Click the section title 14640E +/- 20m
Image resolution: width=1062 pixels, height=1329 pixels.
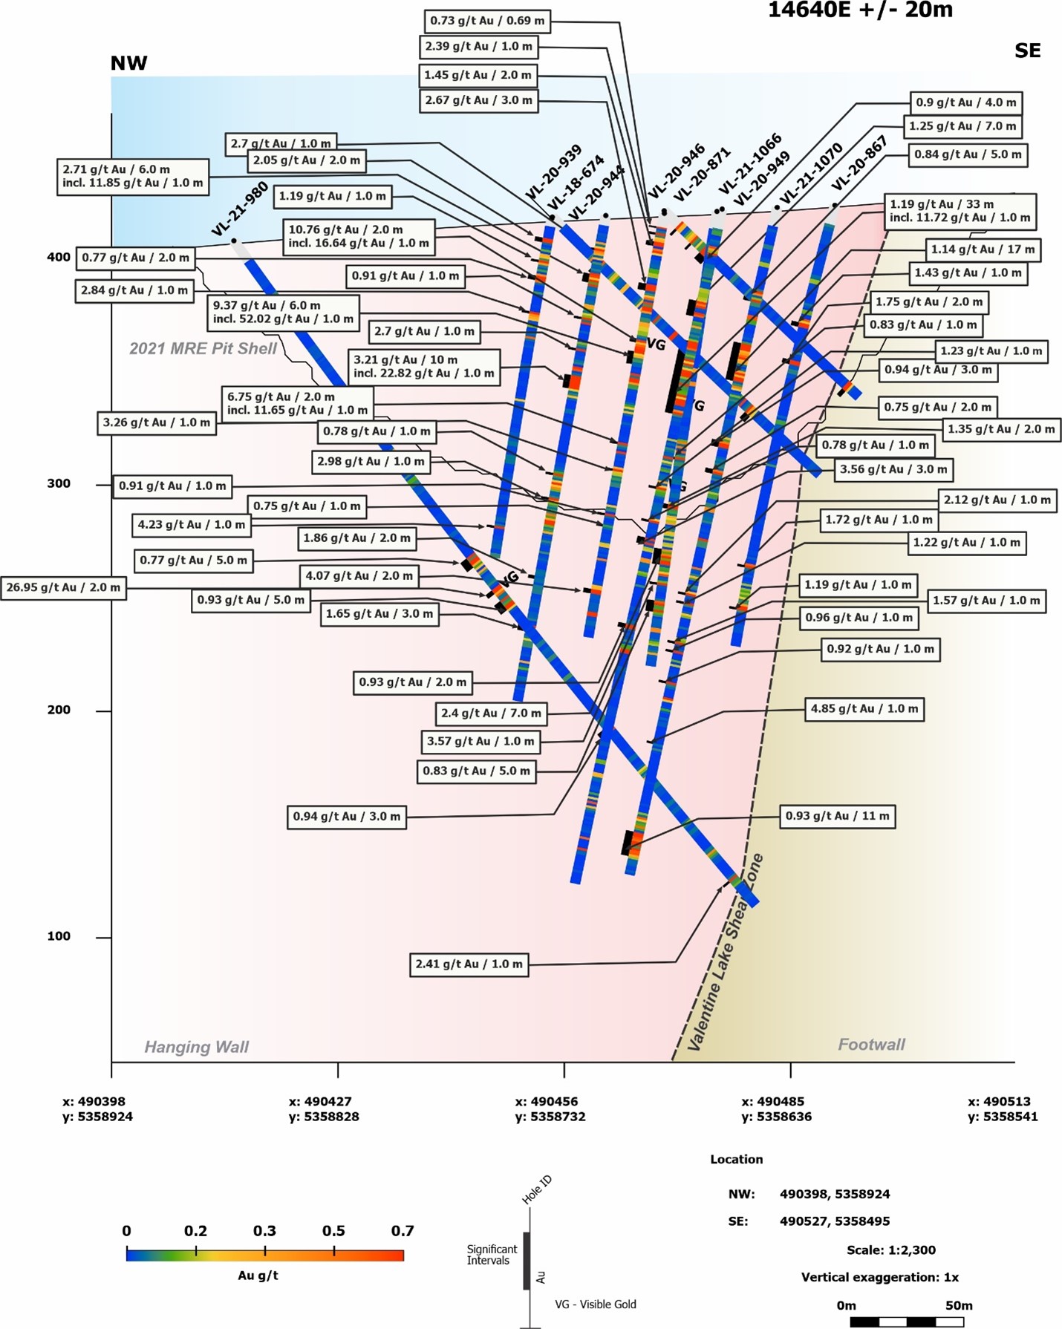click(x=860, y=10)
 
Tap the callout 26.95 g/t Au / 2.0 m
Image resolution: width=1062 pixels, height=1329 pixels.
click(x=63, y=588)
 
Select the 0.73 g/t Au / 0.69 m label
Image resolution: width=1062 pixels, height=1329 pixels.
click(x=487, y=21)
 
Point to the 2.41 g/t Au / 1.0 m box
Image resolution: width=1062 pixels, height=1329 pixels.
click(x=469, y=964)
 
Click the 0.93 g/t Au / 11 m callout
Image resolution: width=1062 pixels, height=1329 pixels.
click(x=837, y=817)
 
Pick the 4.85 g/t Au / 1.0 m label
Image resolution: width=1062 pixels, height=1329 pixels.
click(x=864, y=709)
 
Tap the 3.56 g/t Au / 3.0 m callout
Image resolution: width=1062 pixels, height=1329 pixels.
click(x=893, y=469)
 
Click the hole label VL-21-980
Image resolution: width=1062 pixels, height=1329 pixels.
click(x=240, y=210)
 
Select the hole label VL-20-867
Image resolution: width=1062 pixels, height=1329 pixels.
click(x=859, y=163)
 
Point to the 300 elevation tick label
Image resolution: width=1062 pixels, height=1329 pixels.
click(x=59, y=484)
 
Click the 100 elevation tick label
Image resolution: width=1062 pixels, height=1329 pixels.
click(x=59, y=937)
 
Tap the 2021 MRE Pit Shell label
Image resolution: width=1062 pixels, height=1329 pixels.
click(x=203, y=349)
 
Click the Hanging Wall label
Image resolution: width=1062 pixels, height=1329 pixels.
click(x=197, y=1047)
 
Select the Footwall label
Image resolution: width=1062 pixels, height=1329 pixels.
click(x=872, y=1045)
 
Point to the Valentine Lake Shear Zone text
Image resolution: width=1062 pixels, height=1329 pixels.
click(x=726, y=953)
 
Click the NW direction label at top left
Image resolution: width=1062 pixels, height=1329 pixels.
click(x=129, y=63)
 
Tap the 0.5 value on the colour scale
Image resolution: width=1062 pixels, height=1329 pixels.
click(x=333, y=1231)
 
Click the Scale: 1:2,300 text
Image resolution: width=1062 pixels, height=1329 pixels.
click(x=891, y=1250)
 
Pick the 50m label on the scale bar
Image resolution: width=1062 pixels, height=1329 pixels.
click(x=959, y=1305)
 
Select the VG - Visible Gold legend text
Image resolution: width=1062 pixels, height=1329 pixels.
click(x=596, y=1304)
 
